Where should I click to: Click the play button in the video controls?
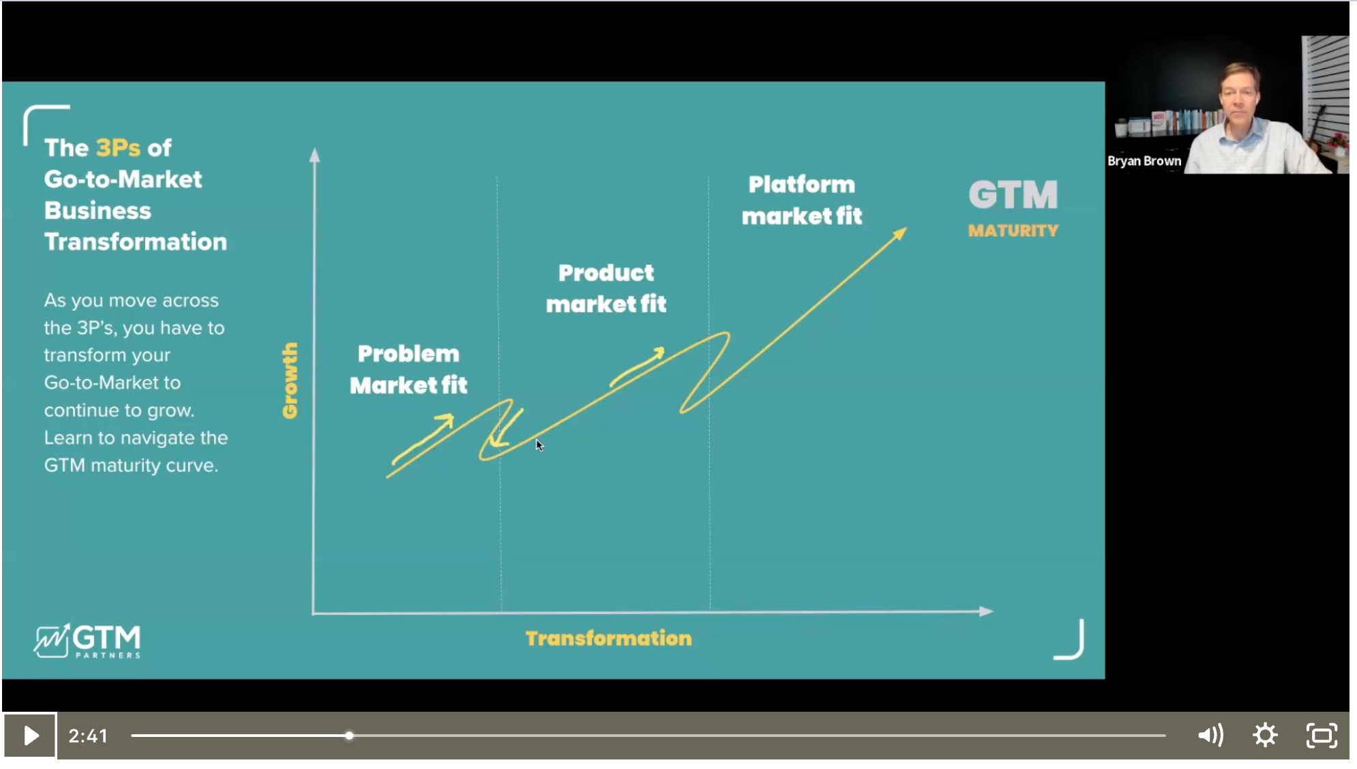point(30,736)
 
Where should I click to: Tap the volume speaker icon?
point(1210,735)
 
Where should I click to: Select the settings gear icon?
point(1265,735)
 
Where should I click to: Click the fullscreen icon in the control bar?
point(1322,736)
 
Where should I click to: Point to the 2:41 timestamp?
point(88,736)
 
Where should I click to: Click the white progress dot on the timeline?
point(349,736)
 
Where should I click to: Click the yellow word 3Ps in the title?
point(118,148)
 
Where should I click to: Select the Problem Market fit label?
point(408,370)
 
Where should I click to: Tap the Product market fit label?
point(606,288)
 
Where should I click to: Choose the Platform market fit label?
point(801,200)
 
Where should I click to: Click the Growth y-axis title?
point(290,380)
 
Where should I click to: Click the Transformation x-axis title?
point(608,638)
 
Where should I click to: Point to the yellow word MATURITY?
point(1013,230)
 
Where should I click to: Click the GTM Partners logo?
point(87,641)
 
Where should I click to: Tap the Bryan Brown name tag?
point(1144,161)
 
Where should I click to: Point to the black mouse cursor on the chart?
point(539,445)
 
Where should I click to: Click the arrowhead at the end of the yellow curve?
point(901,233)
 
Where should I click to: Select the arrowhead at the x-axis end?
point(986,611)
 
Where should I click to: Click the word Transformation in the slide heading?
point(135,241)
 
